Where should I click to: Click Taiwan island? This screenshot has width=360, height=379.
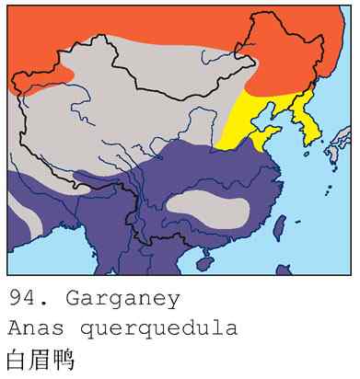[280, 223]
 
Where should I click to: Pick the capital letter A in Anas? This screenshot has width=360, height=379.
[14, 328]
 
